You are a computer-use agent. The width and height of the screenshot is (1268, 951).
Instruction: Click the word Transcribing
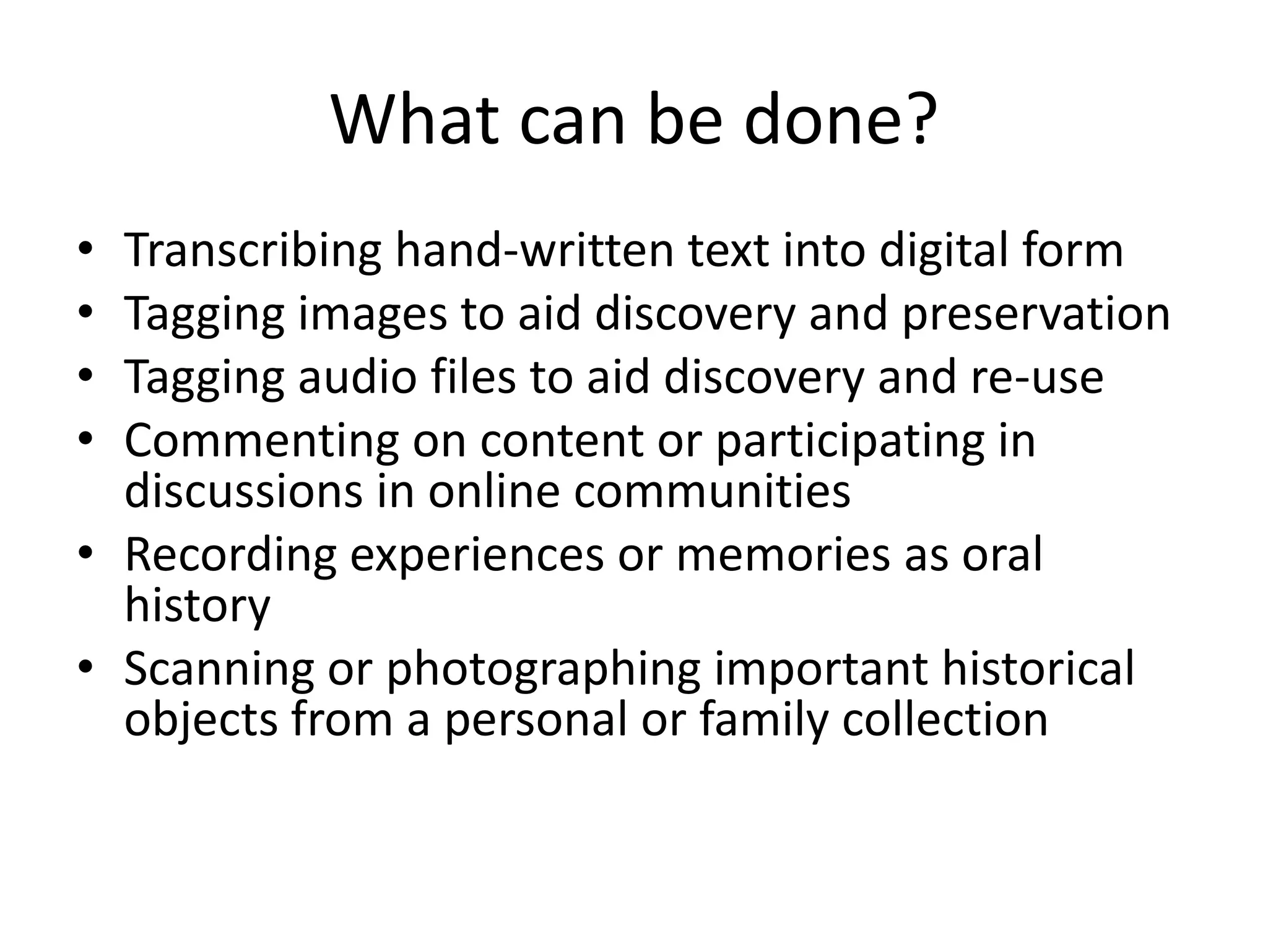tap(253, 251)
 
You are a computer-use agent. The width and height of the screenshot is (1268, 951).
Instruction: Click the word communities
tap(712, 491)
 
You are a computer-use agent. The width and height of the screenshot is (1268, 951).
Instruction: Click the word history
tap(197, 605)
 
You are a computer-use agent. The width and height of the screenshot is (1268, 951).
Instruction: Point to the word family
tap(763, 719)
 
